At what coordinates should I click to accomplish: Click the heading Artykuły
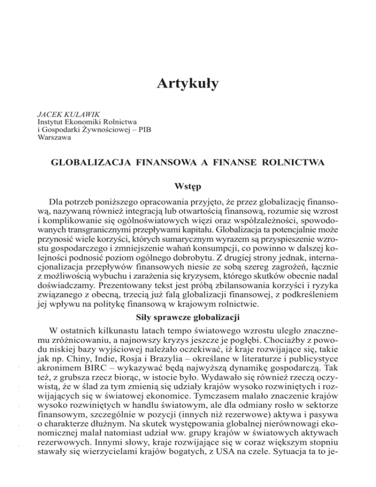[x=188, y=84]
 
